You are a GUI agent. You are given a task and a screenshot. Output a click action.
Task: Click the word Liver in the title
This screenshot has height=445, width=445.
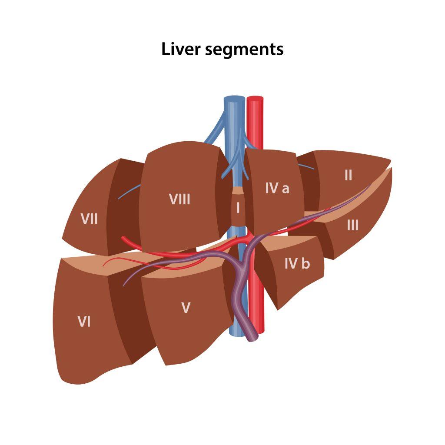point(180,49)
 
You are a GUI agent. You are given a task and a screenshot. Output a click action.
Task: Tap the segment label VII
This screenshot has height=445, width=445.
point(89,219)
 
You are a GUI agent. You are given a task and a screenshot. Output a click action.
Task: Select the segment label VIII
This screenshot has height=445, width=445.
point(179,199)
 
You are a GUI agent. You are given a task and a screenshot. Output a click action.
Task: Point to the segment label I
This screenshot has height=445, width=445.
point(237,208)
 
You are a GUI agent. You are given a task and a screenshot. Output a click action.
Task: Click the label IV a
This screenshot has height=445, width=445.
point(277,188)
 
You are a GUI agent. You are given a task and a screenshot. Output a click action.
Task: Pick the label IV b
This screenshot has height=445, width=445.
point(297,263)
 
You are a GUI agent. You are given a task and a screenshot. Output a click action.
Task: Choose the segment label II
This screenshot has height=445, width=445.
point(348,175)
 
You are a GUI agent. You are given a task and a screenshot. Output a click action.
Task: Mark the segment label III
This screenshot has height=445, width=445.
point(352,225)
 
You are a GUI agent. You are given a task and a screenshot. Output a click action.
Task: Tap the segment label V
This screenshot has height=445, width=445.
point(186,308)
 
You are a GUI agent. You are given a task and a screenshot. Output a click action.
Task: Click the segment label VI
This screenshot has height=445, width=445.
point(84,322)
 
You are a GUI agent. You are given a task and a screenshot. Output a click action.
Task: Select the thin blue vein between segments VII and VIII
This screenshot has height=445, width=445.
point(129,192)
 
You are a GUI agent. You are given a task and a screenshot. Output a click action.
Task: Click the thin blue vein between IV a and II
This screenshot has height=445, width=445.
point(306,166)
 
